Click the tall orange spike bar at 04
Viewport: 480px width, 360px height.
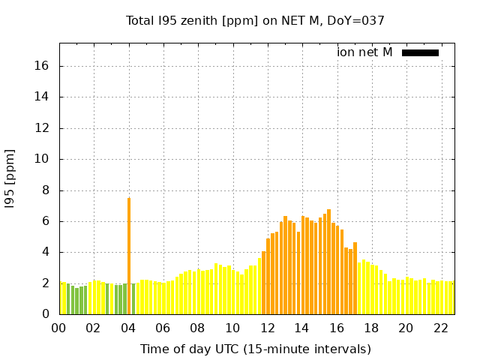[129, 255]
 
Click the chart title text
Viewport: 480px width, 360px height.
[255, 21]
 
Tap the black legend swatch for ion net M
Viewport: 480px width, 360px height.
[420, 52]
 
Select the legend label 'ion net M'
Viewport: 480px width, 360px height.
[364, 52]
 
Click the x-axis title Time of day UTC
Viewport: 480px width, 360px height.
[255, 349]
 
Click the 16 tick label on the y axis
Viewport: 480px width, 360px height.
[42, 66]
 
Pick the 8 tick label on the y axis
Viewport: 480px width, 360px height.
[45, 190]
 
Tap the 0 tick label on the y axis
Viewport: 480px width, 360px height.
[45, 314]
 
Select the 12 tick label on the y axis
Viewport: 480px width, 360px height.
[42, 128]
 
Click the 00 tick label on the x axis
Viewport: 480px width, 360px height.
[59, 328]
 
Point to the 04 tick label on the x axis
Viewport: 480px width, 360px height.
[128, 328]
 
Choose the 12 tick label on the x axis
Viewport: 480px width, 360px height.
[267, 328]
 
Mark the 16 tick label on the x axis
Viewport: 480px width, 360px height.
[336, 328]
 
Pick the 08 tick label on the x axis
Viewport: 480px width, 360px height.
[198, 328]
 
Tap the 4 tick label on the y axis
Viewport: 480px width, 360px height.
[45, 252]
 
